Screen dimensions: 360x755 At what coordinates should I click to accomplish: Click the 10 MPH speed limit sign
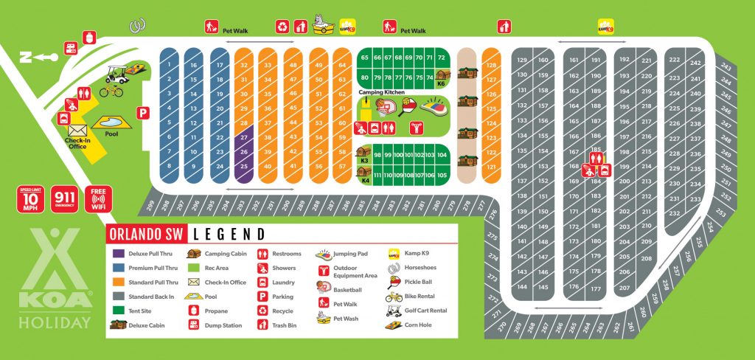(29, 199)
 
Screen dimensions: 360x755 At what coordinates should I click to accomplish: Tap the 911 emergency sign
(64, 199)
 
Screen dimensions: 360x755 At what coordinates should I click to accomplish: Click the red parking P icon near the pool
(145, 113)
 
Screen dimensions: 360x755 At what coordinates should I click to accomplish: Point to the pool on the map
(108, 120)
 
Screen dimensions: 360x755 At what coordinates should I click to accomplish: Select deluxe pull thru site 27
(244, 137)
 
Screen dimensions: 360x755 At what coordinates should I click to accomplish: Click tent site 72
(441, 58)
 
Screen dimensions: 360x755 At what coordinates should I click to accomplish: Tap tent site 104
(442, 156)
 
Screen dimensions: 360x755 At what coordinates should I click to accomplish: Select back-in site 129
(522, 60)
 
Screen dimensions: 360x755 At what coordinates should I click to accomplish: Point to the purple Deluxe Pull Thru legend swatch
(118, 254)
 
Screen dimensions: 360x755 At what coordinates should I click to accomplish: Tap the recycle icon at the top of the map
(282, 27)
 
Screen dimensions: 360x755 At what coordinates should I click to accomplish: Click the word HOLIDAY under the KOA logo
(60, 322)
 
